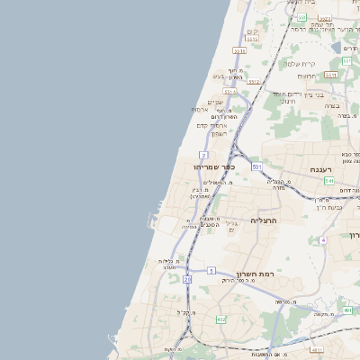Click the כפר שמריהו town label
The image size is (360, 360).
[238, 166]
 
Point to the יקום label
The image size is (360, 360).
[254, 32]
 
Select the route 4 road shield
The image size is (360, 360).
[322, 240]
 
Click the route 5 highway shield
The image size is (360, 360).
[211, 270]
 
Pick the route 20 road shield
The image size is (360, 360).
[187, 280]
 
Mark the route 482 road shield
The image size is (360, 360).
[221, 319]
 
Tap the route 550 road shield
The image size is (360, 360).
[331, 74]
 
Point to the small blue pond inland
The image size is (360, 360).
[337, 47]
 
